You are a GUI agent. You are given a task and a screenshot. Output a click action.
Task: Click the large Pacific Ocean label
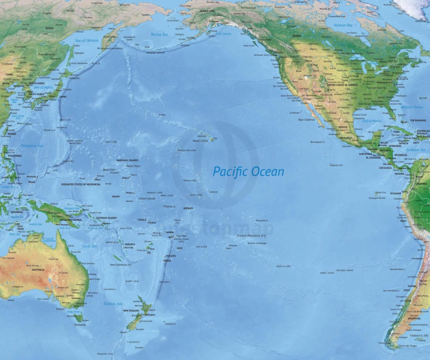pyautogui.click(x=248, y=171)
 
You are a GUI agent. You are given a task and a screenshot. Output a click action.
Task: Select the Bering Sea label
pyautogui.click(x=160, y=34)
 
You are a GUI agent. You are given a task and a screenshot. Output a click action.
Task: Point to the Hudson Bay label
pyautogui.click(x=343, y=25)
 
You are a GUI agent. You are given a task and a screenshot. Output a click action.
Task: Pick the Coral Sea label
pyautogui.click(x=89, y=246)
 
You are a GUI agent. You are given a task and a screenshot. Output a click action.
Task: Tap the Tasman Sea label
pyautogui.click(x=113, y=304)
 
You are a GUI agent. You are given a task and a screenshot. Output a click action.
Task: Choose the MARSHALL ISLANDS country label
pyautogui.click(x=127, y=160)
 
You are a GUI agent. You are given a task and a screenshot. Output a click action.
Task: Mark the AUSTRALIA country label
pyautogui.click(x=38, y=270)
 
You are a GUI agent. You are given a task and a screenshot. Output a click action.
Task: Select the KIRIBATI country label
pyautogui.click(x=188, y=208)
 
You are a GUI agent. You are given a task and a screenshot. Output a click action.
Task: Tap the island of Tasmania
pyautogui.click(x=78, y=318)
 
